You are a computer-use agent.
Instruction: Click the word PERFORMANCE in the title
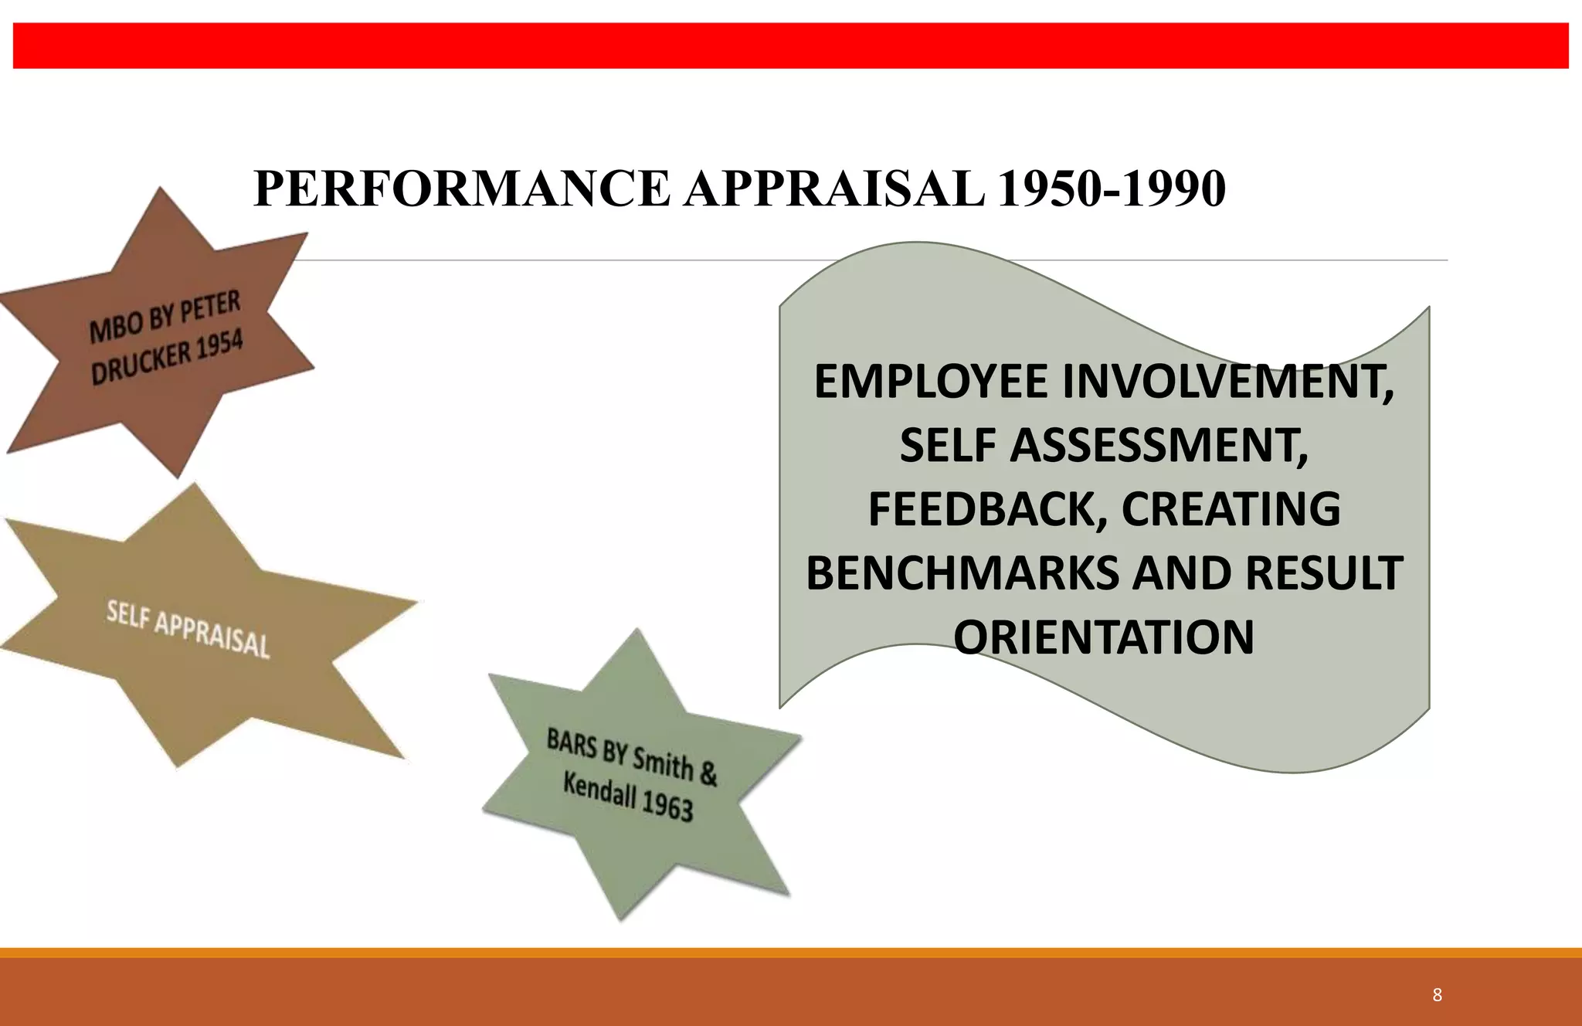coord(461,189)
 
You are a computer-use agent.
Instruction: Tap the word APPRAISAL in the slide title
coord(834,189)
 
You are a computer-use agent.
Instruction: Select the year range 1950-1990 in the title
coord(1111,189)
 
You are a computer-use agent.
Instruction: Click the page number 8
coord(1437,995)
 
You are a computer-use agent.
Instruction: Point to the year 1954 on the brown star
coord(219,345)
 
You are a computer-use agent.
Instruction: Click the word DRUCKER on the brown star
coord(141,364)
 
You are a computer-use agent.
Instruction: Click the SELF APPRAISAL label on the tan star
coord(188,630)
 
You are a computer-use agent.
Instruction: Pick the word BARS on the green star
coord(572,744)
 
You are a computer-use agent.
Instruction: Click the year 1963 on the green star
coord(667,807)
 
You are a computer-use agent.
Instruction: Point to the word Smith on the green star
coord(663,763)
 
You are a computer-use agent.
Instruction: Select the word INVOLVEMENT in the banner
coord(1228,382)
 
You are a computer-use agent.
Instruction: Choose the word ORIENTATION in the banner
coord(1104,638)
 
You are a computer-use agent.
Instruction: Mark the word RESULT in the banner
coord(1324,574)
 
